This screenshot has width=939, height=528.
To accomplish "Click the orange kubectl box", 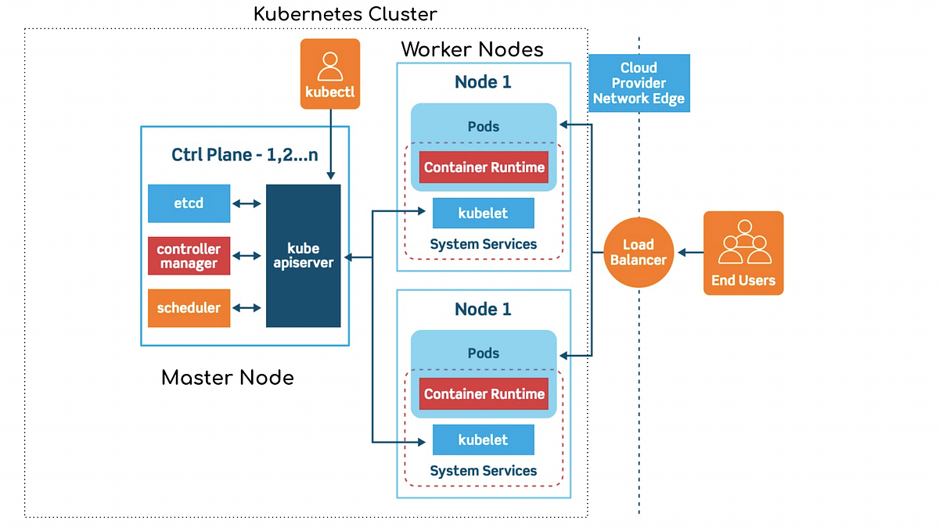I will tap(330, 74).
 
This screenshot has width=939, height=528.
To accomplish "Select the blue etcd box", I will tap(189, 203).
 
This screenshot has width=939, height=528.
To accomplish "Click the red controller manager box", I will tap(189, 256).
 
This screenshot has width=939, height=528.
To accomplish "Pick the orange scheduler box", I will tap(189, 307).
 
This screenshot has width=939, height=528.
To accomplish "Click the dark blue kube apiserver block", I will tap(304, 256).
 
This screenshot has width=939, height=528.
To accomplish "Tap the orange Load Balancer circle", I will tap(639, 252).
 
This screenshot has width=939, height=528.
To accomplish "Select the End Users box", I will tap(743, 253).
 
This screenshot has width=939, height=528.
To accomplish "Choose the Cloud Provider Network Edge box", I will tap(639, 83).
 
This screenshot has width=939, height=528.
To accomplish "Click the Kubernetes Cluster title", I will tap(345, 14).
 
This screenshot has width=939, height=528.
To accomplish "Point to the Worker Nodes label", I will tap(472, 50).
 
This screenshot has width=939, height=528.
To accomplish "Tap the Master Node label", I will tap(228, 378).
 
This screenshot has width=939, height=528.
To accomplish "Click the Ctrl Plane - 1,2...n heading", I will tap(245, 154).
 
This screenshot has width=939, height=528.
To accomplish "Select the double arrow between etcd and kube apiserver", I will tap(247, 203).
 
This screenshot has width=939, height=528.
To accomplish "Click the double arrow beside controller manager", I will tap(247, 256).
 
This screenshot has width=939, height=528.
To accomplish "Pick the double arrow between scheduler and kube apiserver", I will tap(247, 307).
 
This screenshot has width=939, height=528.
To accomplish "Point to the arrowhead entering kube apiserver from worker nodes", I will tap(347, 257).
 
